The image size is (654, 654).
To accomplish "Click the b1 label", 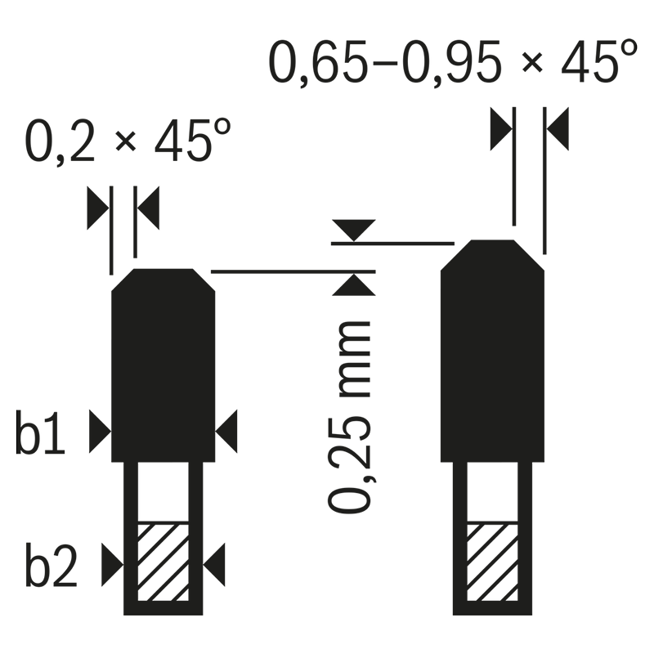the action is [40, 432].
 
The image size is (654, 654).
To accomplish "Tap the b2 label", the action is [52, 565].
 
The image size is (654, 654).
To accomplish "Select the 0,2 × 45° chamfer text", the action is [128, 141].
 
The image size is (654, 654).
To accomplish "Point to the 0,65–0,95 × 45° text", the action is [453, 63].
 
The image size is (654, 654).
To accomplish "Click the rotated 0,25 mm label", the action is [350, 417].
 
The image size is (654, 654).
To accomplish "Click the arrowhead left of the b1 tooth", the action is [100, 432].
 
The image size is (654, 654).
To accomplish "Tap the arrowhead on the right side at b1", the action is [226, 432].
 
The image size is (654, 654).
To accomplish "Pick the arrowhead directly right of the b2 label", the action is [113, 565].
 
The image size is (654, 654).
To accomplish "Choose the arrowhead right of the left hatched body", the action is [214, 565].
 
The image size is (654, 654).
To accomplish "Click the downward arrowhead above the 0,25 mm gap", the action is [354, 231].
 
